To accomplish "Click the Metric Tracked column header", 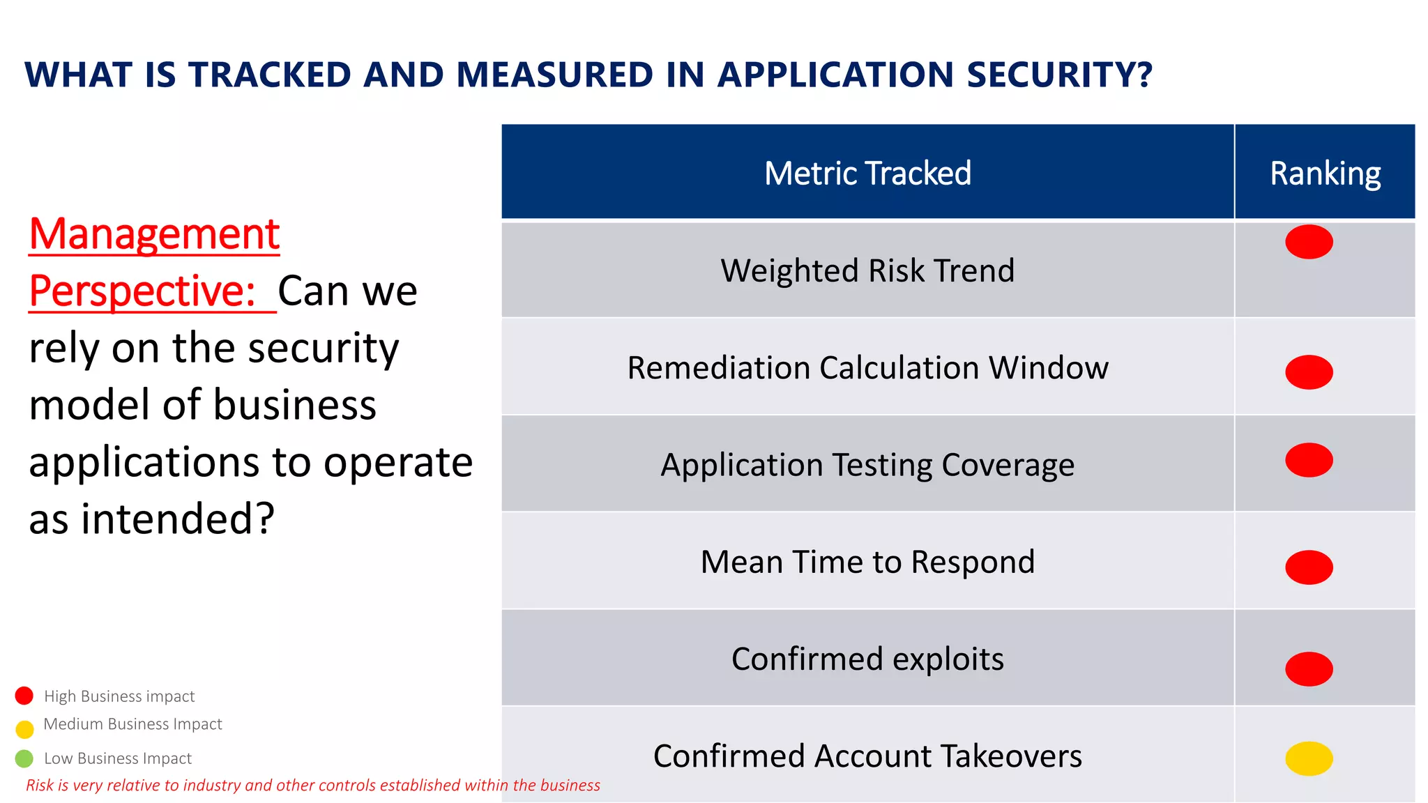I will click(x=867, y=173).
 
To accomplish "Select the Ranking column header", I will click(x=1325, y=173).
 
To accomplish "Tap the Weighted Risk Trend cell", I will click(x=867, y=270).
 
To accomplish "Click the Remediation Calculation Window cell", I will click(x=867, y=367).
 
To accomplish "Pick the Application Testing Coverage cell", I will click(x=867, y=465).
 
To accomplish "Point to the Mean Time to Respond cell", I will click(x=867, y=562).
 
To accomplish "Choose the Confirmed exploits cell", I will click(x=867, y=659).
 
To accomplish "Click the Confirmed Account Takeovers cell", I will click(x=867, y=756).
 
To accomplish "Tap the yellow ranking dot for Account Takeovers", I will click(x=1309, y=758).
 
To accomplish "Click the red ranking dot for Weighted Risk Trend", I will click(x=1309, y=242).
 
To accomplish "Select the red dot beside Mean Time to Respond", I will click(x=1309, y=567).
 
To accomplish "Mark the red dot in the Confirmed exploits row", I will click(x=1309, y=668).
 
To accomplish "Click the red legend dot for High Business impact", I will click(x=24, y=696).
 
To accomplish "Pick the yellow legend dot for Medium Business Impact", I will click(x=24, y=729).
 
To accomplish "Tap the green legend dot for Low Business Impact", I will click(x=24, y=758).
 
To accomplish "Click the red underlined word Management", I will click(x=154, y=234).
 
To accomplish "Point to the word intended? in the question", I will click(x=178, y=519).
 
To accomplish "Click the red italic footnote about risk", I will click(x=312, y=786).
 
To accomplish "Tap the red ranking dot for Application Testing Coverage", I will click(x=1309, y=460).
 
